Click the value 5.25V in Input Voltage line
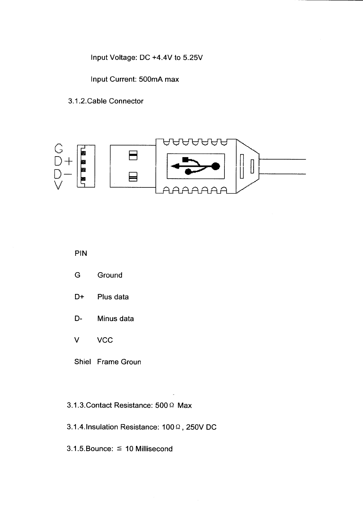(192, 58)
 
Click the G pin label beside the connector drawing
(59, 148)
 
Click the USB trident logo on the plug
(196, 166)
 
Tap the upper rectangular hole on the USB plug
(133, 155)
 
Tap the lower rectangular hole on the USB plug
(133, 176)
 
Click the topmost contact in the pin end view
(83, 153)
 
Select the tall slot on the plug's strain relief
(241, 166)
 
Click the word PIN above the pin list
(81, 253)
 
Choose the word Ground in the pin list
(110, 275)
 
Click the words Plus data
(113, 297)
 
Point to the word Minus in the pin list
(107, 318)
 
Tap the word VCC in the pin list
(105, 340)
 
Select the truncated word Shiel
(82, 362)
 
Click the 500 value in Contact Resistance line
(161, 405)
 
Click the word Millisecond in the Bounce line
(154, 449)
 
